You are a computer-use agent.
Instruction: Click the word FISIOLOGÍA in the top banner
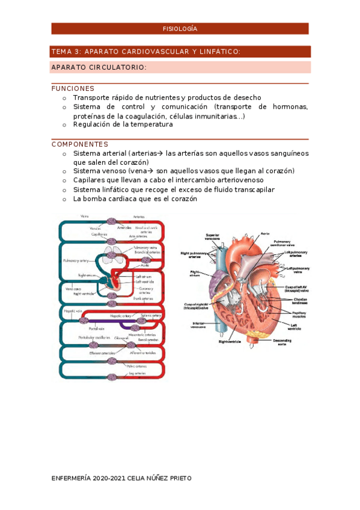(x=180, y=29)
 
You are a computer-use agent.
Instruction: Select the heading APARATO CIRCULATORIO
(x=99, y=67)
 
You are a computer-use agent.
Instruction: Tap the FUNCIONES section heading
(x=73, y=88)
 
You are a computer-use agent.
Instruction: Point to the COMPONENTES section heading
(x=80, y=144)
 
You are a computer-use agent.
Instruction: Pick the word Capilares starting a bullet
(x=90, y=180)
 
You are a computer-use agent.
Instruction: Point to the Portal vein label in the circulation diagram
(x=97, y=328)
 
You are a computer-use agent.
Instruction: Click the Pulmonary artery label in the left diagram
(x=76, y=261)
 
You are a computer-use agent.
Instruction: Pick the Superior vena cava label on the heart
(x=213, y=237)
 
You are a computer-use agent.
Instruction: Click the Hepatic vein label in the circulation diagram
(x=71, y=312)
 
